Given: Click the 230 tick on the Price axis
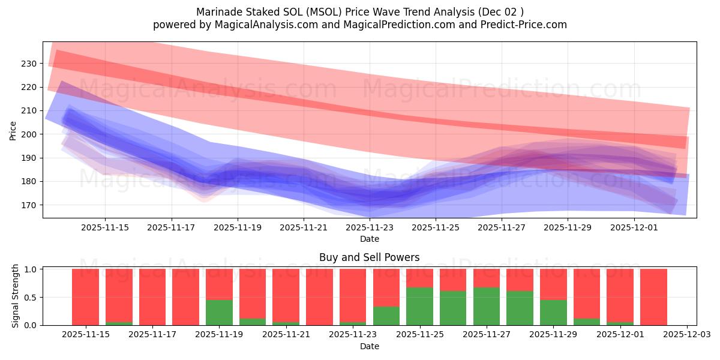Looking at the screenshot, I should click(29, 63).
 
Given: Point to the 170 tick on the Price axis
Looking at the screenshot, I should click(29, 205).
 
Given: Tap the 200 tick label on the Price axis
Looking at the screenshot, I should click(29, 134).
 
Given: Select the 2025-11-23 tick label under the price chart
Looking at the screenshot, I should click(370, 227).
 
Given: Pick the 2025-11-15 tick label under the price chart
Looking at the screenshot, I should click(104, 227).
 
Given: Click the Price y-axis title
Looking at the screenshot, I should click(13, 130).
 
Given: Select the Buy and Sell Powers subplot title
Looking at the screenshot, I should click(369, 257).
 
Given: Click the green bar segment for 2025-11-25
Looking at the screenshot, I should click(419, 307).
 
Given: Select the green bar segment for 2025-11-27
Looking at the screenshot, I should click(486, 307).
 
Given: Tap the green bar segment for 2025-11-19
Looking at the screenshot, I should click(219, 313).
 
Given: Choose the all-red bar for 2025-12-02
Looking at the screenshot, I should click(653, 297).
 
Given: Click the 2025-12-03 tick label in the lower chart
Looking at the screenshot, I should click(686, 334).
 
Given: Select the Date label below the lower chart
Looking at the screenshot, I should click(369, 346).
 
